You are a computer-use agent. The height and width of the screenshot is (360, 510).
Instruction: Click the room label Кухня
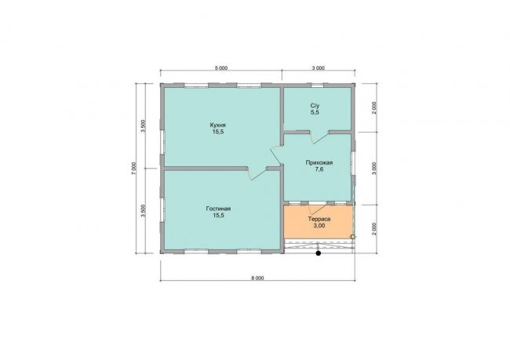(218, 125)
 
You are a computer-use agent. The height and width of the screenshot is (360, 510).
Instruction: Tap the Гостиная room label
(218, 209)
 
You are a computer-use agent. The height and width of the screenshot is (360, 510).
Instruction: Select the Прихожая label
(319, 162)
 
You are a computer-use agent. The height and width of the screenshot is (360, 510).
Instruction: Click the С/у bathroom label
(315, 106)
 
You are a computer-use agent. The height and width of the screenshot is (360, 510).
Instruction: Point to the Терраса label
(319, 219)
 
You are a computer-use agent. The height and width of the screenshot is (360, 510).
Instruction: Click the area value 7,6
(319, 169)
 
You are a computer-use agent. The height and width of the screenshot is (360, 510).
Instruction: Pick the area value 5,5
(315, 112)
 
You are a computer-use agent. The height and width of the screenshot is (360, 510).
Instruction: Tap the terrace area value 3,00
(319, 225)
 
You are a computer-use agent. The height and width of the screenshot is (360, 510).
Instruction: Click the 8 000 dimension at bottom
(257, 278)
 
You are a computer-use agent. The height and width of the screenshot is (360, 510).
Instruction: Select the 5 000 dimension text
(220, 68)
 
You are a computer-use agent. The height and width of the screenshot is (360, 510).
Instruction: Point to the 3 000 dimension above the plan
(319, 68)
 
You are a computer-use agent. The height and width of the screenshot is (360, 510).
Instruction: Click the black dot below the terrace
(319, 253)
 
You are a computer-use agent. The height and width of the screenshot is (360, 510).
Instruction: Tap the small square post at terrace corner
(353, 237)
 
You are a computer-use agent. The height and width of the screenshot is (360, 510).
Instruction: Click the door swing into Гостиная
(258, 173)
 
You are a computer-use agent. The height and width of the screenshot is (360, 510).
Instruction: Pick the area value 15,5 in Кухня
(218, 132)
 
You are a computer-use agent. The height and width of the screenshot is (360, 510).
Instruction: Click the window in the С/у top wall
(318, 85)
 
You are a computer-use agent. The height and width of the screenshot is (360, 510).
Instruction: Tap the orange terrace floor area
(319, 222)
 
